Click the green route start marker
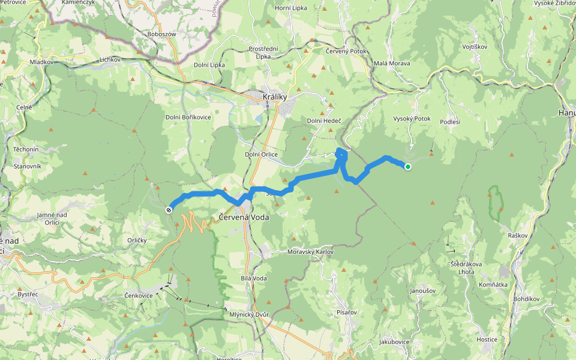point(408,167)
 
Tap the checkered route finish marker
point(169,209)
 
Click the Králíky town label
point(275,97)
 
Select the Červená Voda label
point(244,217)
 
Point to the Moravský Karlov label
point(310,252)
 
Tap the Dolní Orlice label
point(261,154)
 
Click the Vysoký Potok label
point(412,119)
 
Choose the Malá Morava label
point(392,63)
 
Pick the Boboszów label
point(161,34)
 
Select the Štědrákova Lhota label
point(466,268)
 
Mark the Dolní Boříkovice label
point(188,117)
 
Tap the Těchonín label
point(25,149)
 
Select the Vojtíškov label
point(475,46)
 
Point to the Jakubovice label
point(394,342)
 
